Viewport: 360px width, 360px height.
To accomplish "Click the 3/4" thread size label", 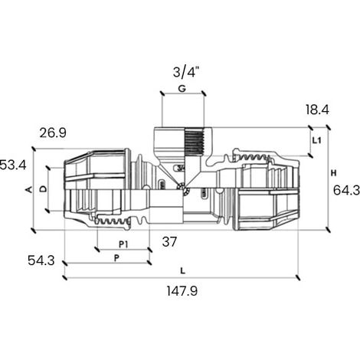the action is tap(186, 72).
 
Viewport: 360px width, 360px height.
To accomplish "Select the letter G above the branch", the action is tap(182, 89).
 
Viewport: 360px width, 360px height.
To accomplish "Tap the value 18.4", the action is tap(317, 110).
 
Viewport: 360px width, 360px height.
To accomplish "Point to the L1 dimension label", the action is tap(317, 140).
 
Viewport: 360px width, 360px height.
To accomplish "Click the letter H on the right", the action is tap(333, 173).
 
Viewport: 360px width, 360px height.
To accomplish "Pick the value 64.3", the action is tap(346, 190).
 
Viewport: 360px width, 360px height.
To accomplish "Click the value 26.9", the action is tap(53, 133).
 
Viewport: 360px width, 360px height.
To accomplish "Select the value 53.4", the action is tap(13, 165).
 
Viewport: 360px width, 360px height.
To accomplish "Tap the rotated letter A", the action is tap(30, 189).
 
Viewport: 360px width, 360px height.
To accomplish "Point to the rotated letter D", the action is tap(44, 189).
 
